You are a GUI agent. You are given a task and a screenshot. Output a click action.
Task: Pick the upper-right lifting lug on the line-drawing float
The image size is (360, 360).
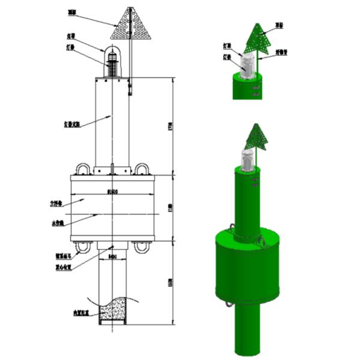pos(142,168)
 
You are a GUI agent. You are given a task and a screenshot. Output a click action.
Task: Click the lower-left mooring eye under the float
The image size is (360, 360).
pos(82,247)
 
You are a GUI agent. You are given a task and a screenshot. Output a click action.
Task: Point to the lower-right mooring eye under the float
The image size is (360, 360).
pos(142,247)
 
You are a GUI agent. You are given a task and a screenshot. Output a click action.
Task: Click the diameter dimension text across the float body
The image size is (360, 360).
pos(111,192)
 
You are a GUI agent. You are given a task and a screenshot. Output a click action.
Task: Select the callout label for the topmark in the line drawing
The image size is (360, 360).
pos(71,11)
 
